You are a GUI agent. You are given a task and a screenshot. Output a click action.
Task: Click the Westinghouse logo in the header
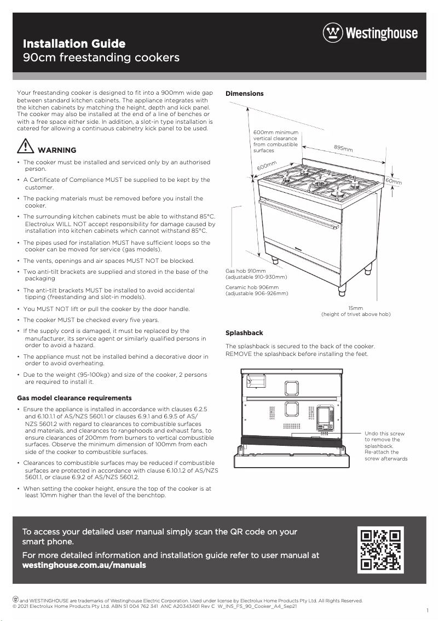pos(370,33)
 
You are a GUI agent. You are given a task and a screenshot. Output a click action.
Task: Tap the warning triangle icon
pos(25,147)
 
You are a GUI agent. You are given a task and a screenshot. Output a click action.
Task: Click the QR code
pos(380,549)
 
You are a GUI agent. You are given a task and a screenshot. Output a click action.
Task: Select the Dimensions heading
pos(244,94)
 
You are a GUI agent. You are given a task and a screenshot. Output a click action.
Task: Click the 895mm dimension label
pos(343,148)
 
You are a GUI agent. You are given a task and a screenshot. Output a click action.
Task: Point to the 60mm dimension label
pos(394,181)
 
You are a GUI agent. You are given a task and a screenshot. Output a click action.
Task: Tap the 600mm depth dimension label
pos(267,165)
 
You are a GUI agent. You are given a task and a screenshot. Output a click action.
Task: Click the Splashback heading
pos(244,333)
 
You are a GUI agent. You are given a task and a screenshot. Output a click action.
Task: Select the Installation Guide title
pos(74,44)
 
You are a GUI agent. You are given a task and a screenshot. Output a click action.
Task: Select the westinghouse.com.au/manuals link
pos(84,565)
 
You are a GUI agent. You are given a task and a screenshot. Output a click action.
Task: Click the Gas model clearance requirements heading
pos(74,398)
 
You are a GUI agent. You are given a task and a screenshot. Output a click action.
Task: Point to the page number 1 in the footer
pos(426,610)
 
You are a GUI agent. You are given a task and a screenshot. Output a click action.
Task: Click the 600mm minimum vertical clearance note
pos(275,141)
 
